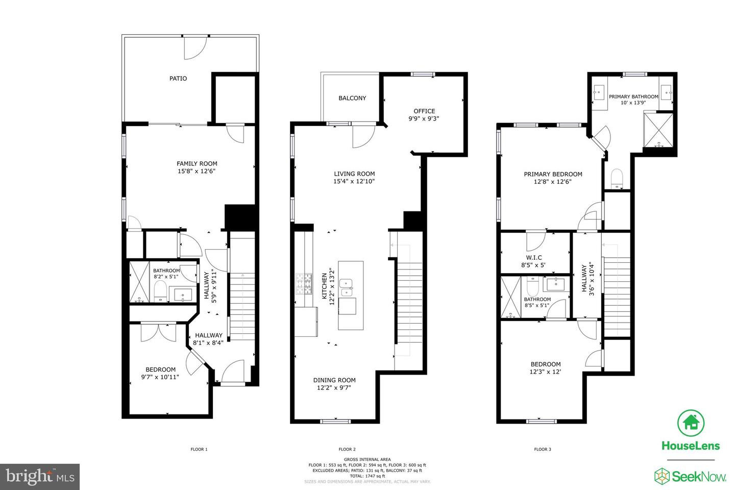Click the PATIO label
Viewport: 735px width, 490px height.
[x=178, y=79]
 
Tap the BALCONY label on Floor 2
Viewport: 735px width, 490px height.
[x=352, y=98]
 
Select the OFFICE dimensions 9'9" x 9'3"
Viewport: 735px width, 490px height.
[x=424, y=118]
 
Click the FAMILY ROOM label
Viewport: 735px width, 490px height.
[x=197, y=163]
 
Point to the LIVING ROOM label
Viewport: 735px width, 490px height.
[x=354, y=174]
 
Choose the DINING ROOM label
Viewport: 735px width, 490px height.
[x=334, y=380]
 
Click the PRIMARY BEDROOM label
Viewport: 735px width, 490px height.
[x=553, y=174]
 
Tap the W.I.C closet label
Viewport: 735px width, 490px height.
[x=533, y=258]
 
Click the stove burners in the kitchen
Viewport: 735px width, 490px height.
[x=304, y=284]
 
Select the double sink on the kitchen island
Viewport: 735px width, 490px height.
[x=346, y=287]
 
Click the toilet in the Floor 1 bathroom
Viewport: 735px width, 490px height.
[x=160, y=290]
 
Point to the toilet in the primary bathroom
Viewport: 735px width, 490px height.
[x=617, y=179]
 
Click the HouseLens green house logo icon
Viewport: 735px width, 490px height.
[x=691, y=423]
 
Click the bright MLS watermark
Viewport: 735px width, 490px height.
[x=40, y=477]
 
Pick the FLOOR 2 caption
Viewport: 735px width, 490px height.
[x=347, y=449]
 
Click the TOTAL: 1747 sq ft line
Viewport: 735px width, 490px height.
[x=367, y=476]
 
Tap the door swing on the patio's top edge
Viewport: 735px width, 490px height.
[x=195, y=48]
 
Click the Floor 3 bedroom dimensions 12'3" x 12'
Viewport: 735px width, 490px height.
[x=545, y=372]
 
